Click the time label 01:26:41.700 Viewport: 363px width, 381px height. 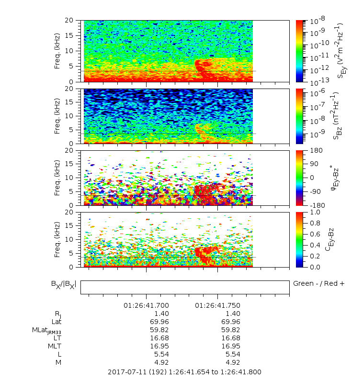click(x=146, y=305)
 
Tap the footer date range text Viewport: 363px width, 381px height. click(x=184, y=371)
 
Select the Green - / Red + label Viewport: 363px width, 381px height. click(x=318, y=283)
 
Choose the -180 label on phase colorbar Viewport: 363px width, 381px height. click(x=316, y=205)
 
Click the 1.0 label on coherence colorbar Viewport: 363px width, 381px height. click(x=314, y=212)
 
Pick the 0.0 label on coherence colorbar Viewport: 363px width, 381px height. click(x=314, y=267)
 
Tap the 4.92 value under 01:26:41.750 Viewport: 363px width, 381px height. click(x=233, y=362)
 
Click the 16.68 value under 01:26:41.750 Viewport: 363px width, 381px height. click(x=231, y=338)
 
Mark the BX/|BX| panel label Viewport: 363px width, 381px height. click(x=63, y=284)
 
